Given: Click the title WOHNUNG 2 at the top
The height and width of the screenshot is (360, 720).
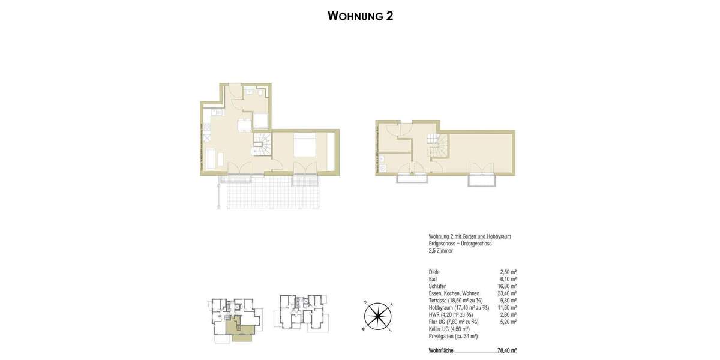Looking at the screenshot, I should click(360, 16).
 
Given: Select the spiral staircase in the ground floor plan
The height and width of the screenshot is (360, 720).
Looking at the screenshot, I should click(262, 146).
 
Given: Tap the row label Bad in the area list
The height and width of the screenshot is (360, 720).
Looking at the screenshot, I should click(433, 279).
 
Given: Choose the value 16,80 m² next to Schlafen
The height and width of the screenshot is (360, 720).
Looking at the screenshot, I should click(506, 286).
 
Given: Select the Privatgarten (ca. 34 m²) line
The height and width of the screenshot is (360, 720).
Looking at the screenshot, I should click(453, 336).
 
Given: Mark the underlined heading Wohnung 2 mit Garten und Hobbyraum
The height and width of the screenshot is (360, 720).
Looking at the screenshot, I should click(470, 236).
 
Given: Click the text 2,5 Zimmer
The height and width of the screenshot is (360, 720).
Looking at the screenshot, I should click(441, 251).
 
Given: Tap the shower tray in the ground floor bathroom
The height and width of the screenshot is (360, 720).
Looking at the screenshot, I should click(262, 120).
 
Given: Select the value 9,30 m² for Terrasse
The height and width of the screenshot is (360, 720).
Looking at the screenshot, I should click(508, 301).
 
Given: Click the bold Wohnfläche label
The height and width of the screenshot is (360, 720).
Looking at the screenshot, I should click(442, 350).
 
